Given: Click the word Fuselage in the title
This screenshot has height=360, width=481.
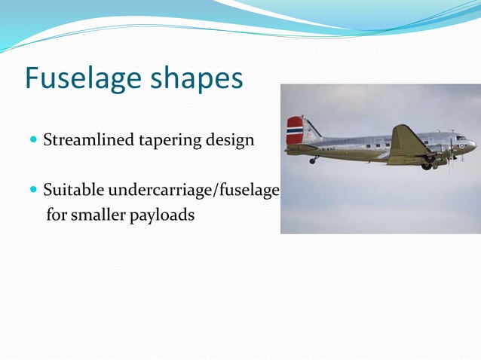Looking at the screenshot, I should click(81, 79).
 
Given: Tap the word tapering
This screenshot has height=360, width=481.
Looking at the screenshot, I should click(167, 140).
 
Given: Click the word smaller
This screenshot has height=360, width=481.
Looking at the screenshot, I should click(106, 215).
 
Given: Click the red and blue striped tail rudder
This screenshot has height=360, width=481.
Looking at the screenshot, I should click(295, 130).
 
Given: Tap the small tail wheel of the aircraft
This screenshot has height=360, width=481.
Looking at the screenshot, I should click(312, 160).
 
